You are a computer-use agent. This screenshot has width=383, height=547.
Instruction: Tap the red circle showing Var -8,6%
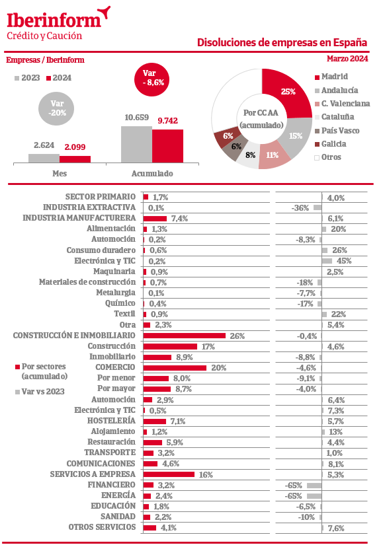coord(152,79)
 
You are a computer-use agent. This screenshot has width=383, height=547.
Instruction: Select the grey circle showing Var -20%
coord(57,108)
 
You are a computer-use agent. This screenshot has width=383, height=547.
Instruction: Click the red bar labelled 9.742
coord(167,146)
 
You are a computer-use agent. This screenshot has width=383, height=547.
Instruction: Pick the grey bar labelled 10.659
coord(137,145)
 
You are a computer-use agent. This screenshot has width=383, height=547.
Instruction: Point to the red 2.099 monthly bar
coord(75,159)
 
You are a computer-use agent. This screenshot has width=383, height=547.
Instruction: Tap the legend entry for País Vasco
coord(337,131)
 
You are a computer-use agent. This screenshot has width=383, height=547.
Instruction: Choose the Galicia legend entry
coord(331,144)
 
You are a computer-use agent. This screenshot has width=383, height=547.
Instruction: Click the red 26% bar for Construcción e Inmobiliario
coord(185,336)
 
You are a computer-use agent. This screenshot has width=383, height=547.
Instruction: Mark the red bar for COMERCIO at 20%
coord(175,368)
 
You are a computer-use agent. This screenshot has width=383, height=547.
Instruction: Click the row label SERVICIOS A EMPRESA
coord(93,474)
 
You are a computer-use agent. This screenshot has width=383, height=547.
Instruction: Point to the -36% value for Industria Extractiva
coord(300,208)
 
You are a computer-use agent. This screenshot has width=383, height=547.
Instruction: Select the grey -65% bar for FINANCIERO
coord(314,486)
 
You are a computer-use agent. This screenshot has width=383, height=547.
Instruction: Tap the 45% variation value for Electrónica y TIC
coord(344,261)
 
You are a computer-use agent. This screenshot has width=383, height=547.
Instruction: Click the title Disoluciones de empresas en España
coord(282,42)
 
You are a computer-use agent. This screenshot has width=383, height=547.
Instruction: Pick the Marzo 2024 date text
coord(347,59)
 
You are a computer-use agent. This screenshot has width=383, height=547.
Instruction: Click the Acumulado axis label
coord(152,173)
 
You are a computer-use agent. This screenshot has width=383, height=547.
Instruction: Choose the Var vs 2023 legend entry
coord(40,392)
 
